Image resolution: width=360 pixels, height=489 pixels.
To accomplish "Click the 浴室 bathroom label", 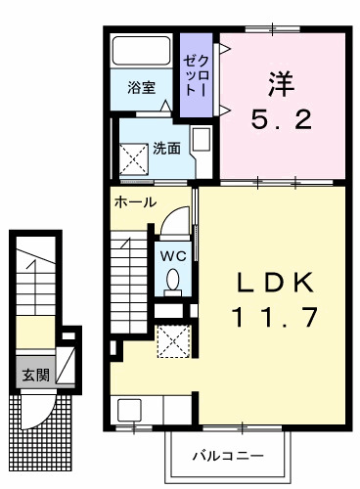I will click(142, 87).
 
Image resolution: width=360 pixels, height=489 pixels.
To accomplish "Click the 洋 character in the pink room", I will click(283, 82).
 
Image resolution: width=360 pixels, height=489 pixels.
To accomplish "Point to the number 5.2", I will click(283, 119).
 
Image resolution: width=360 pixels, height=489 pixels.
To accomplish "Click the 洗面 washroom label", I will click(165, 150).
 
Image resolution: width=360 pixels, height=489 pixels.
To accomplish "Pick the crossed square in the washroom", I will click(133, 156).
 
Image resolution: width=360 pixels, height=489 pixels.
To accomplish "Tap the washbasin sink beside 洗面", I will click(201, 140).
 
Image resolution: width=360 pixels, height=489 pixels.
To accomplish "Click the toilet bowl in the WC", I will click(173, 281).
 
